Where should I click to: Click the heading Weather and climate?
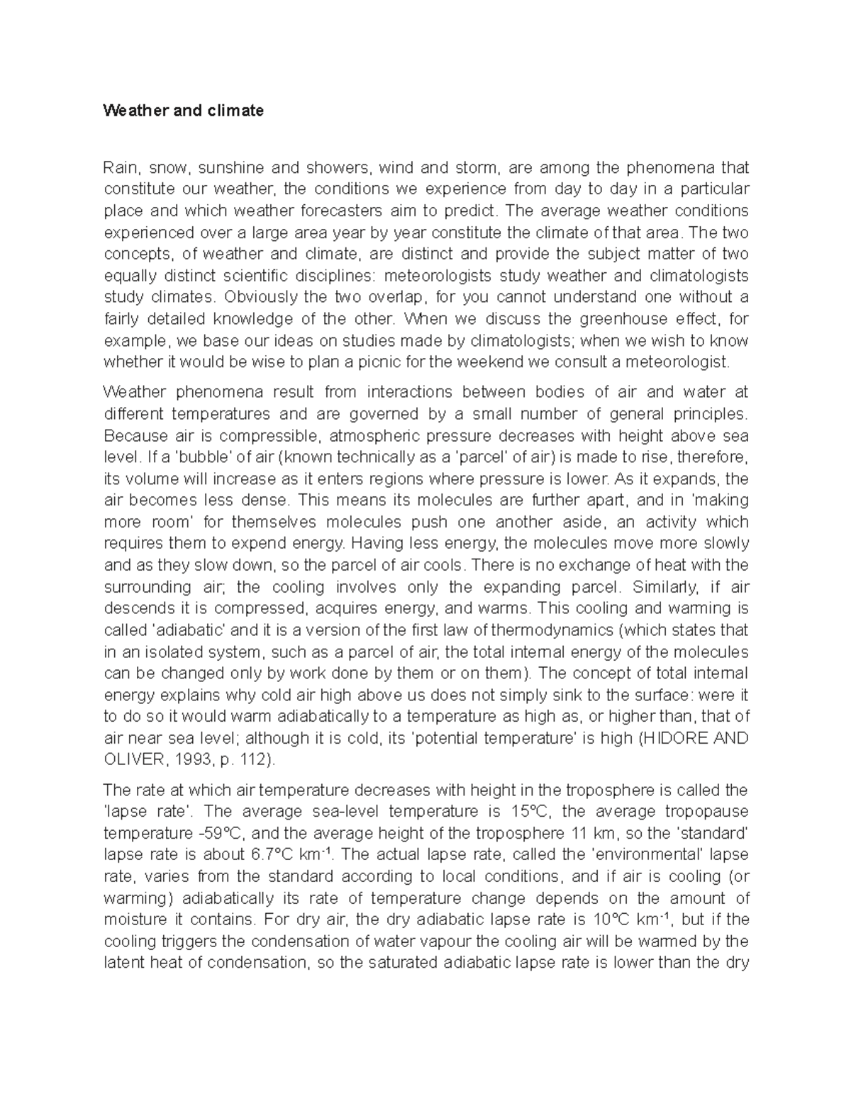[x=183, y=111]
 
